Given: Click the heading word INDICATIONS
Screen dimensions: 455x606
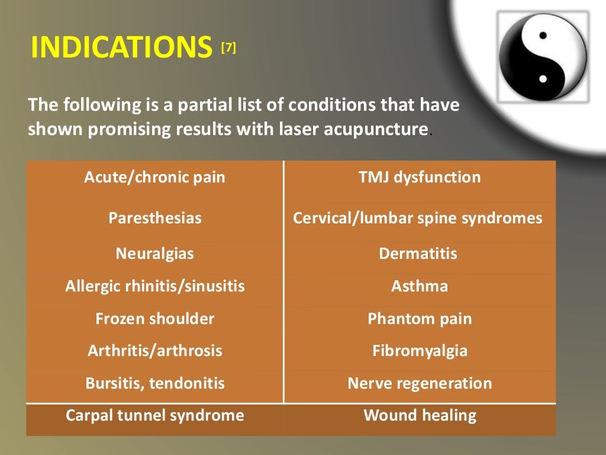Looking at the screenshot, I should tap(121, 48).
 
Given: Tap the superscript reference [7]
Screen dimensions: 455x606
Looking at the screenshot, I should tap(228, 49).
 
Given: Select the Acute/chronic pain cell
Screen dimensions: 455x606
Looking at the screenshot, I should tap(154, 177).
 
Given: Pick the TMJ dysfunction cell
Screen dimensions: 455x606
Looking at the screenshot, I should tap(420, 177).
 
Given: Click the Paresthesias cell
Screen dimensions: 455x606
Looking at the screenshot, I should tap(154, 218).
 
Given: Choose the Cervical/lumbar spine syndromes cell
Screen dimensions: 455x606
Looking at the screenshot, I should tap(418, 218).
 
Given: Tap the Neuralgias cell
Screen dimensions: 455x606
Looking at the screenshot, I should tap(154, 254).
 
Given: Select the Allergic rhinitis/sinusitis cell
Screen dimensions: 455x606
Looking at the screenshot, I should tap(154, 287).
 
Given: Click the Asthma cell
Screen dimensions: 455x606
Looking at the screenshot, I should tap(420, 287).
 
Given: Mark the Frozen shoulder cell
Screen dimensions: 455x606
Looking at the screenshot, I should tap(154, 319).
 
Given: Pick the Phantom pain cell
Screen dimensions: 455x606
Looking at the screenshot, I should tap(420, 319).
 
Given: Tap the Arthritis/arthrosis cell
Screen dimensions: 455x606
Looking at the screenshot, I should tap(154, 351).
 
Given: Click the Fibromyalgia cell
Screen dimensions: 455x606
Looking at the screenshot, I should tap(420, 351).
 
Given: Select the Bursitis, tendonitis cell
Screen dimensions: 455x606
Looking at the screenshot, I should tap(154, 383).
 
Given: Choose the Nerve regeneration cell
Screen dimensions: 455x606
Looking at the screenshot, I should tap(420, 383).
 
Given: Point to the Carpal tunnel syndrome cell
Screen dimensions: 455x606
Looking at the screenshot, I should tap(154, 415).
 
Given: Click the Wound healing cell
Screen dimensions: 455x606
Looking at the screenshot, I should tap(420, 415).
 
